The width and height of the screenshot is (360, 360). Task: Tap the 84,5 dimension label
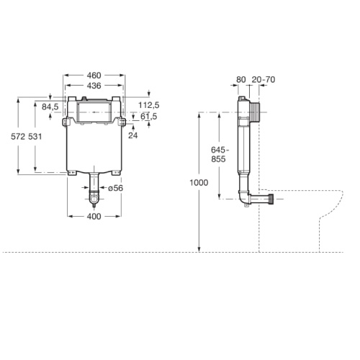click(50, 107)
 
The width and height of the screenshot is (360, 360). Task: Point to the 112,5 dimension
click(149, 104)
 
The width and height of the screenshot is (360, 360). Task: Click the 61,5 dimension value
click(149, 116)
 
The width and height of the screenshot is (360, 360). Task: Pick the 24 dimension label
click(132, 134)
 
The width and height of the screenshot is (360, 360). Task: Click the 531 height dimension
click(45, 136)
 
